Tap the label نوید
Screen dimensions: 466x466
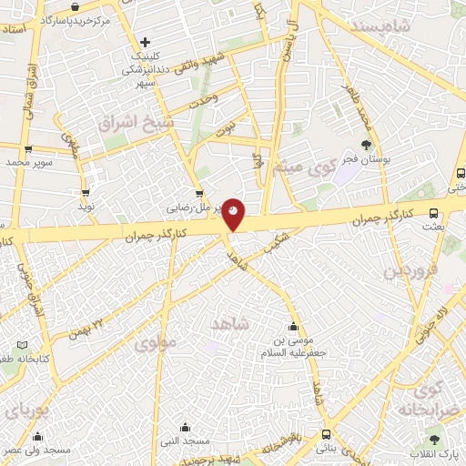(x=86, y=207)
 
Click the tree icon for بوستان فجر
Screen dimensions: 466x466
(x=366, y=144)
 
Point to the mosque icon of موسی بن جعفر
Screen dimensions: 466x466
(x=293, y=328)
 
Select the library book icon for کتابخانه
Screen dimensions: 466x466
(x=24, y=345)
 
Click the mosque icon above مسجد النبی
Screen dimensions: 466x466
(x=186, y=427)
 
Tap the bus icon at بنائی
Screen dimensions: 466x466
(x=326, y=434)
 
